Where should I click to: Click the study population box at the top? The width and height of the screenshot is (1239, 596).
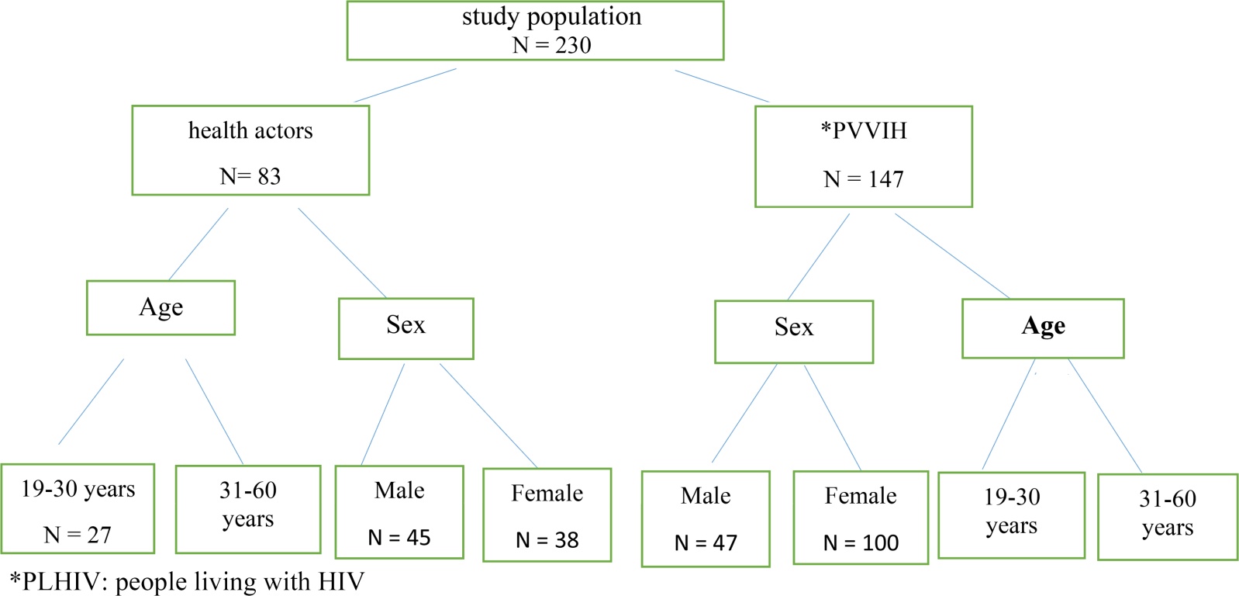click(536, 30)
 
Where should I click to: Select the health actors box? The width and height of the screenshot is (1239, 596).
click(250, 150)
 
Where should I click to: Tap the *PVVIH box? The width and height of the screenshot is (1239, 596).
click(864, 157)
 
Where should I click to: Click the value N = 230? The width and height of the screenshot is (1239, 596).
click(551, 45)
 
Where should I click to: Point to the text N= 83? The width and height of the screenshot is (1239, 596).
click(250, 176)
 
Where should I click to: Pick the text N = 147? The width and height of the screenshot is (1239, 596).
click(864, 179)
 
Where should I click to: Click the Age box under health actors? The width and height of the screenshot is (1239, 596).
click(161, 307)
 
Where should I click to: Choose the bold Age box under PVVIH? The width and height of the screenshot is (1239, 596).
click(1043, 329)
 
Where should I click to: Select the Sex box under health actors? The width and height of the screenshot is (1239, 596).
click(406, 329)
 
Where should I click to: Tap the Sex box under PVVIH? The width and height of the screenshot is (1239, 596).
click(794, 332)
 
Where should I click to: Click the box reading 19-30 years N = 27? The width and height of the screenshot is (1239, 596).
click(78, 508)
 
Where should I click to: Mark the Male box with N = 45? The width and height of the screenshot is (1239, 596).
click(399, 512)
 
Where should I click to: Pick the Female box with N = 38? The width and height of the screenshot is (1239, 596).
click(547, 515)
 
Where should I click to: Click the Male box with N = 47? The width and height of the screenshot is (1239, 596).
click(706, 519)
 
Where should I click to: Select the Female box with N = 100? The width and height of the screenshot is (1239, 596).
click(861, 518)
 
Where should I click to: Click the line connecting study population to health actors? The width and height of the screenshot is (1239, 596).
click(406, 85)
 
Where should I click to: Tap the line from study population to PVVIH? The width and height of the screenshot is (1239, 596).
click(722, 86)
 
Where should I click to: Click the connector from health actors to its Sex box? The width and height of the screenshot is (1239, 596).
click(342, 253)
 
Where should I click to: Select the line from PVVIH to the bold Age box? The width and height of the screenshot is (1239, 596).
click(952, 256)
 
